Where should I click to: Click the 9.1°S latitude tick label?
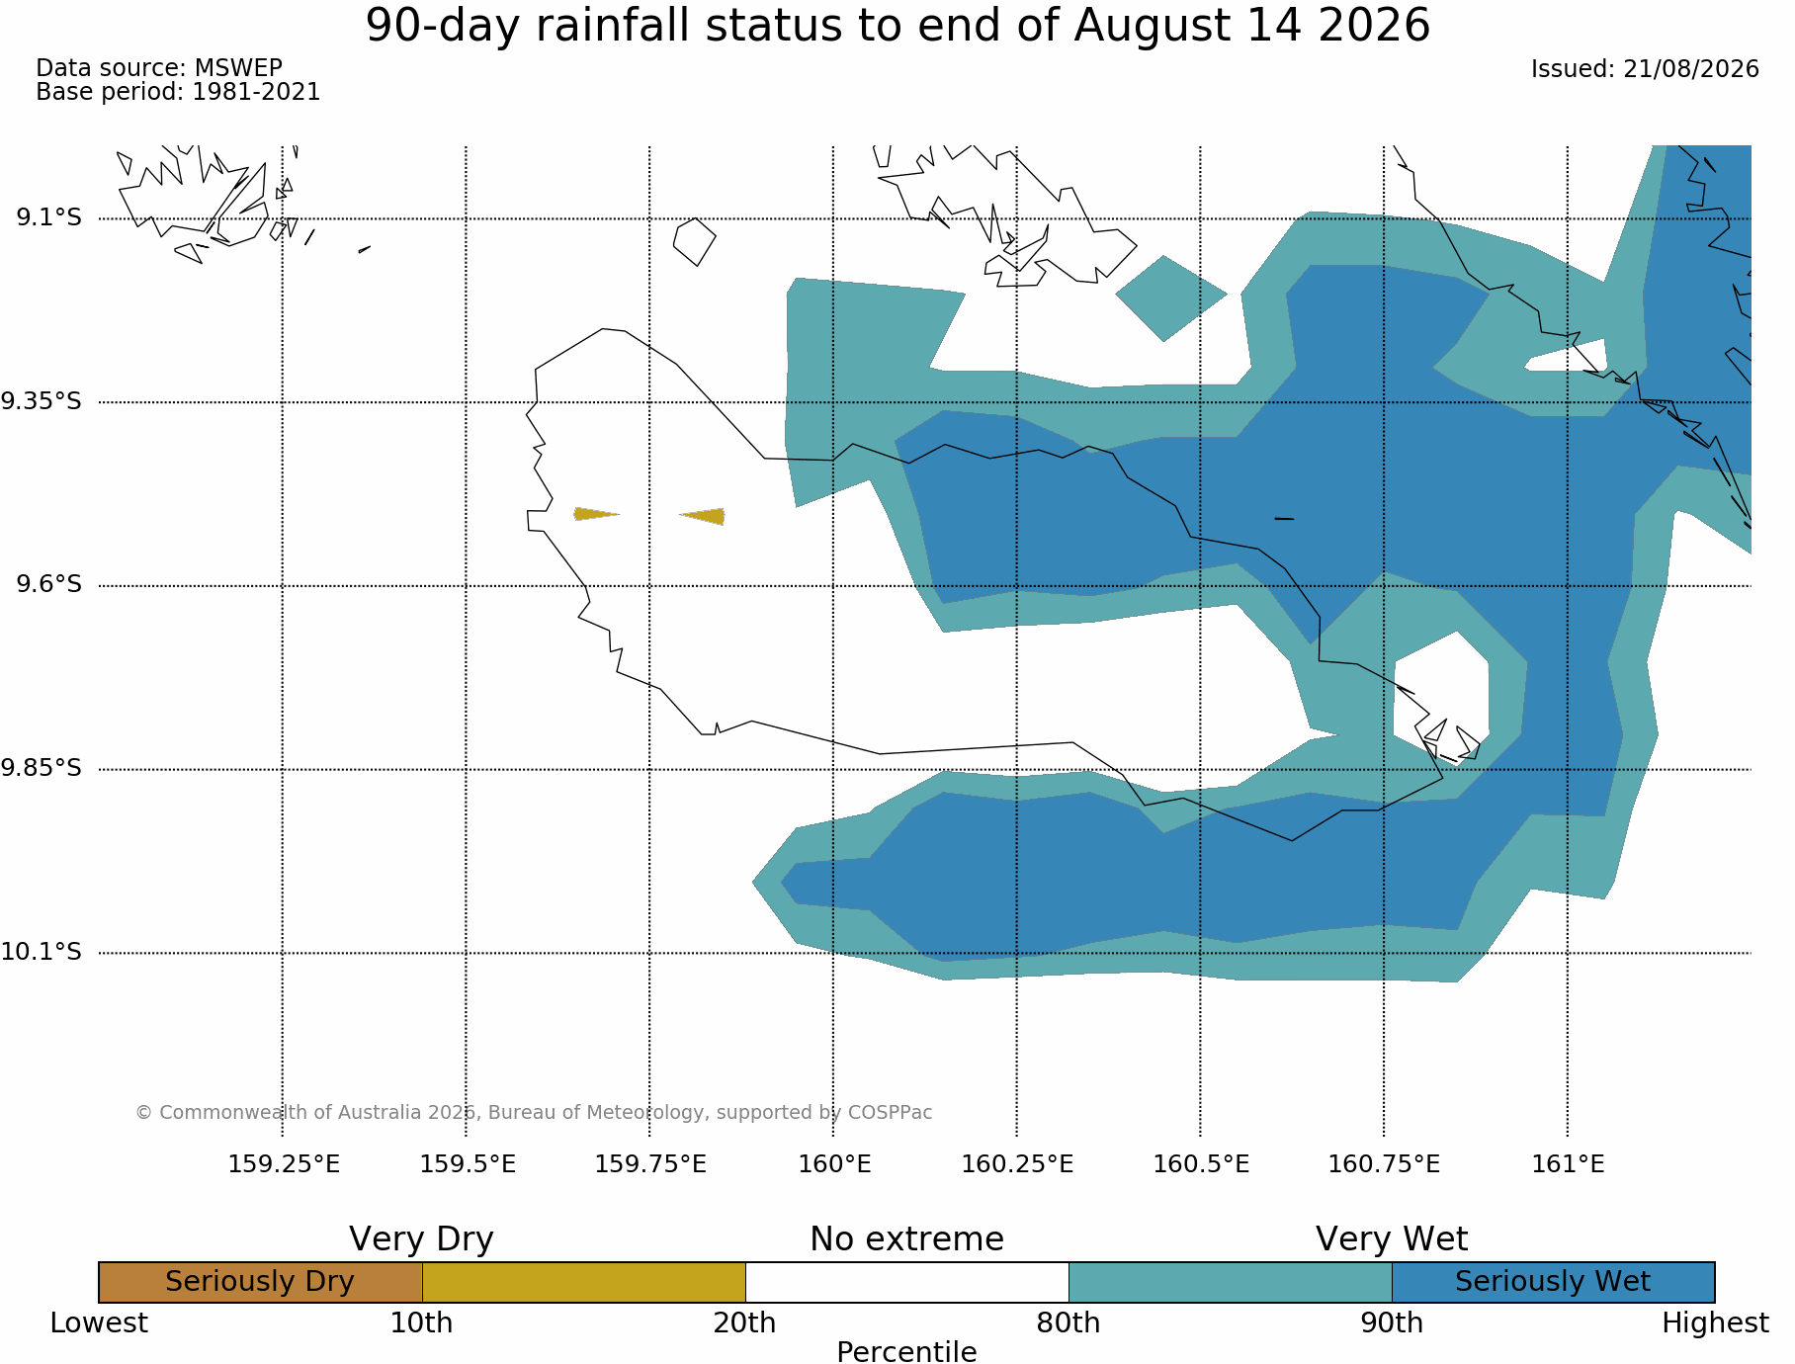click(x=48, y=217)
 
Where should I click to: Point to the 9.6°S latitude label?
click(x=48, y=585)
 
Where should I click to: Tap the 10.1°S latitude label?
click(x=41, y=953)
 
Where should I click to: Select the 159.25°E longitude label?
click(x=284, y=1164)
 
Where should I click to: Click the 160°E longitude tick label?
click(x=834, y=1164)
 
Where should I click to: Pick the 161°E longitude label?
click(x=1568, y=1164)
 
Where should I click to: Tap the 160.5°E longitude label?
click(x=1201, y=1164)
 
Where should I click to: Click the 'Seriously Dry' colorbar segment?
click(x=261, y=1282)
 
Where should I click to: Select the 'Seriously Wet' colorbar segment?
click(x=1553, y=1282)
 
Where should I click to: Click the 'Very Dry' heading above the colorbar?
click(x=421, y=1239)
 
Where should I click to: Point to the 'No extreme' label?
click(x=906, y=1239)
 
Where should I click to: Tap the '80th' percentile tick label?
click(x=1068, y=1323)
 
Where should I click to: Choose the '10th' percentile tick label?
click(x=421, y=1323)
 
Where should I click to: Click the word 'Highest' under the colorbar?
click(x=1715, y=1323)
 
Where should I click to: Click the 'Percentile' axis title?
click(x=906, y=1352)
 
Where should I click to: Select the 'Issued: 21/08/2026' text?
click(x=1645, y=69)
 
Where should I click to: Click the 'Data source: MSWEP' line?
click(x=159, y=68)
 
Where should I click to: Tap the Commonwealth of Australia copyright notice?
click(x=534, y=1113)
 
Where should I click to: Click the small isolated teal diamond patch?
click(x=1170, y=298)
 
